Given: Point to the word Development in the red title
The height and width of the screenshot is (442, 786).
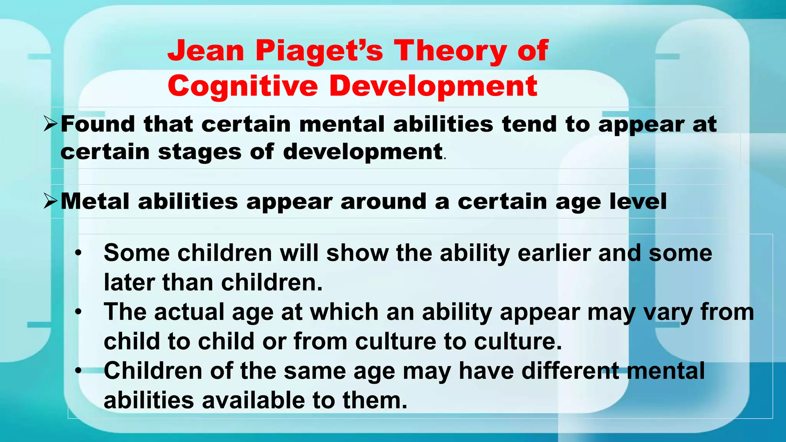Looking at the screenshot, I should tap(433, 86).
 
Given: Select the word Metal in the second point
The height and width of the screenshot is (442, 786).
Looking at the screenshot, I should tap(95, 201).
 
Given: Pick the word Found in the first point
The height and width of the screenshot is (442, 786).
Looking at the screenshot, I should tap(98, 124).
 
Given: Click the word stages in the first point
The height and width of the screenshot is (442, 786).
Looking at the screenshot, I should tap(200, 152).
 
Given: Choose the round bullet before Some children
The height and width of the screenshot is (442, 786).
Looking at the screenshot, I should tap(78, 253).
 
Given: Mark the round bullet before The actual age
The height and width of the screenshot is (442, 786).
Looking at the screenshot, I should tap(78, 312).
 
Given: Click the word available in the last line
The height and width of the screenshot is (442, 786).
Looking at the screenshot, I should tap(253, 400).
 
